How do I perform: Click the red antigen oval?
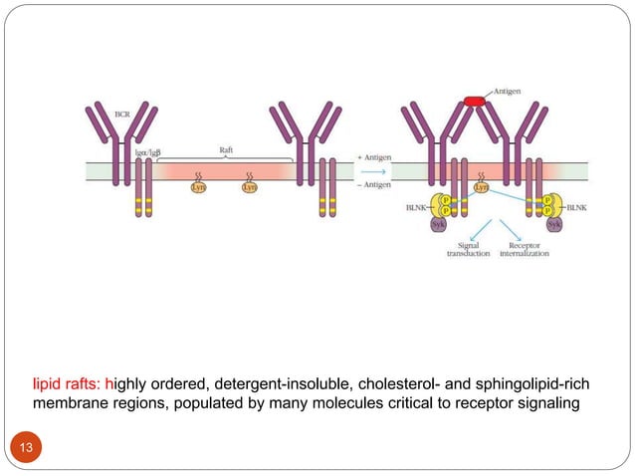[x=473, y=101]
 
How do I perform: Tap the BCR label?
[x=122, y=115]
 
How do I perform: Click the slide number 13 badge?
[x=26, y=447]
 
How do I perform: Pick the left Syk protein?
[x=438, y=226]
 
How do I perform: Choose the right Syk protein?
[x=553, y=226]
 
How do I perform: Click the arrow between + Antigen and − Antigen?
[x=373, y=170]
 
